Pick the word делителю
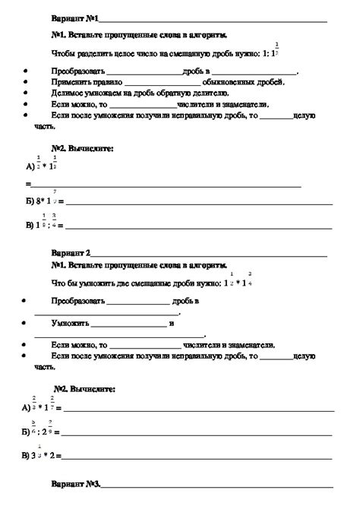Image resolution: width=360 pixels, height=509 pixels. [207, 92]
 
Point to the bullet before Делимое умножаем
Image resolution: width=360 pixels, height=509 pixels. [27, 92]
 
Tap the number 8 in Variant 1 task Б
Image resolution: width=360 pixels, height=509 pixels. [39, 203]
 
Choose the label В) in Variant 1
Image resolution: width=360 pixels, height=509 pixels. [30, 226]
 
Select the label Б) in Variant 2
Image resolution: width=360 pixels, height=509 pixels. [29, 432]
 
